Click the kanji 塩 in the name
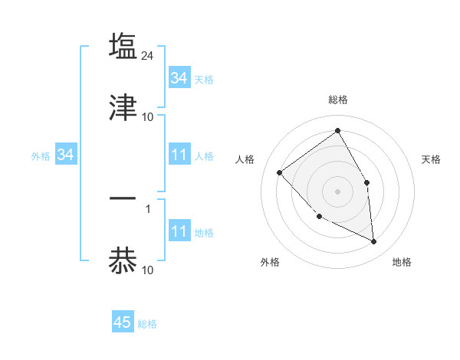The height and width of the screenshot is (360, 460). [x=123, y=46]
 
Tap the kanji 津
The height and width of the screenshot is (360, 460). [x=123, y=107]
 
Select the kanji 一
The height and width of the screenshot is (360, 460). [x=123, y=198]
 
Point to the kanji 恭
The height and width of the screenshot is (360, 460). [x=123, y=260]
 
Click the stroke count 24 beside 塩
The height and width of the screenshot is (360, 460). [x=149, y=56]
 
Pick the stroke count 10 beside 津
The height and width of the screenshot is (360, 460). [x=148, y=117]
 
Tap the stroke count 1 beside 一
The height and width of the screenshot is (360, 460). [x=148, y=208]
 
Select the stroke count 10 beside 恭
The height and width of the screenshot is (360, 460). [x=148, y=270]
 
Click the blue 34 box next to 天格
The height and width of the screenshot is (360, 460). [x=179, y=78]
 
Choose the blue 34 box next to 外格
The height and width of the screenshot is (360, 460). [x=65, y=155]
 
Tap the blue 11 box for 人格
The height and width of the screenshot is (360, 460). [x=179, y=155]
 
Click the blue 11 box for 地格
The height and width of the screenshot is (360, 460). [x=179, y=232]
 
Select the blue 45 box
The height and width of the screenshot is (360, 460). [x=123, y=323]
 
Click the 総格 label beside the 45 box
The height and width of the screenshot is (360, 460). [x=147, y=324]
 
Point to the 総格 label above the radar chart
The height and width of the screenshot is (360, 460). [x=338, y=100]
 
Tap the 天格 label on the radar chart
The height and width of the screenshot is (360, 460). [x=432, y=159]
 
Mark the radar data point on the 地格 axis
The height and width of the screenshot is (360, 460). [x=374, y=241]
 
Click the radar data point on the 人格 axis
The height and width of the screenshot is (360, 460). [x=280, y=172]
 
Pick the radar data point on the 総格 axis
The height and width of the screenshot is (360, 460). [x=338, y=130]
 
